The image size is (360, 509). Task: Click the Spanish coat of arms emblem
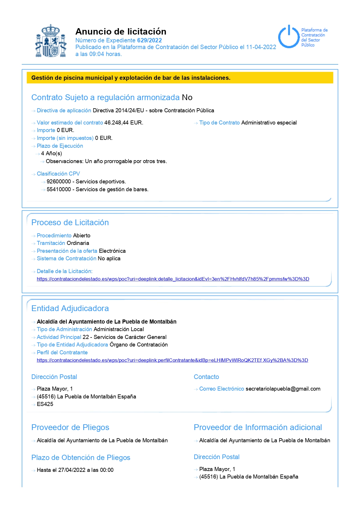pyautogui.click(x=51, y=41)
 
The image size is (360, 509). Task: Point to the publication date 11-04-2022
pyautogui.click(x=261, y=47)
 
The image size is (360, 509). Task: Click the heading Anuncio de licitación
pyautogui.click(x=121, y=31)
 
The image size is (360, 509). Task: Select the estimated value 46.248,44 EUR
pyautogui.click(x=124, y=123)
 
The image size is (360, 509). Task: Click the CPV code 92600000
pyautogui.click(x=59, y=182)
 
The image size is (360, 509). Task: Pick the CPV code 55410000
pyautogui.click(x=59, y=189)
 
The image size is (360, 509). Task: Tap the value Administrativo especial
pyautogui.click(x=269, y=123)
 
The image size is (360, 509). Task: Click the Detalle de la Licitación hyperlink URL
pyautogui.click(x=173, y=279)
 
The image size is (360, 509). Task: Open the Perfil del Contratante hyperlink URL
pyautogui.click(x=172, y=360)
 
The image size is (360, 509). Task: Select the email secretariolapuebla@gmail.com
pyautogui.click(x=283, y=389)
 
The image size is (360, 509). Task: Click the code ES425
pyautogui.click(x=45, y=404)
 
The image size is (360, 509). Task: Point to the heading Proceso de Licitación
pyautogui.click(x=70, y=223)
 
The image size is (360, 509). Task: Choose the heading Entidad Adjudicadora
pyautogui.click(x=70, y=308)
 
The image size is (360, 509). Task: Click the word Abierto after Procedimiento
pyautogui.click(x=82, y=236)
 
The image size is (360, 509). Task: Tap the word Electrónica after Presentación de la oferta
pyautogui.click(x=112, y=251)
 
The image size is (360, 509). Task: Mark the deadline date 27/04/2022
pyautogui.click(x=72, y=470)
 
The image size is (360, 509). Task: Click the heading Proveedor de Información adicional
pyautogui.click(x=258, y=427)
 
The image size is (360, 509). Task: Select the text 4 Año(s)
pyautogui.click(x=51, y=154)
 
